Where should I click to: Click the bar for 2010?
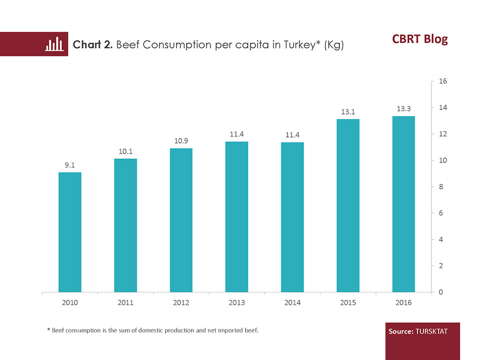click(70, 232)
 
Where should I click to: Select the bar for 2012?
click(181, 220)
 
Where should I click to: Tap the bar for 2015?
click(348, 205)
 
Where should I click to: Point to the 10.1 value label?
click(125, 151)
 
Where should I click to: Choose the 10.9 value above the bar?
click(181, 141)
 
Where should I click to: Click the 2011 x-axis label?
click(125, 302)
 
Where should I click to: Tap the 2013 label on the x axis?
click(236, 302)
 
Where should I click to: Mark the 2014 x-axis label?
click(292, 302)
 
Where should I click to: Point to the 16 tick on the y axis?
click(442, 81)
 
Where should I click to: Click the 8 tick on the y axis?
click(440, 187)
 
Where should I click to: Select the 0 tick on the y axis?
click(440, 292)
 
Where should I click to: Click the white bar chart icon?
click(54, 44)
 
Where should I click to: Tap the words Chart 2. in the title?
click(93, 45)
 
